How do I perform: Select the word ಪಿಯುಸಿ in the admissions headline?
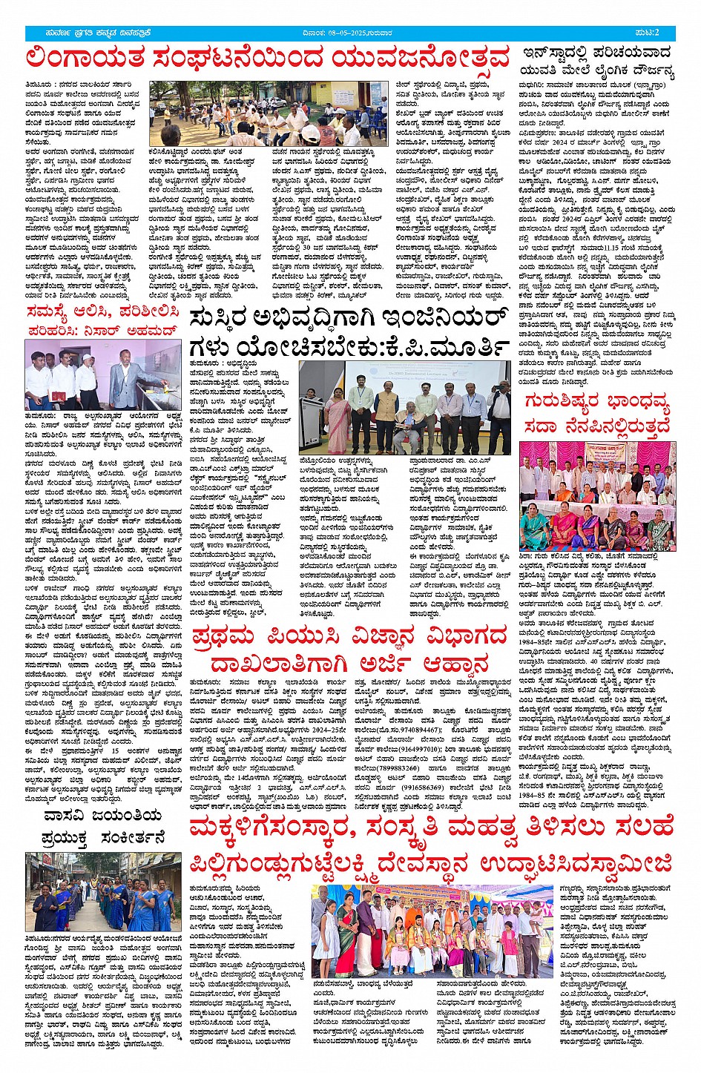tap(323, 638)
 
